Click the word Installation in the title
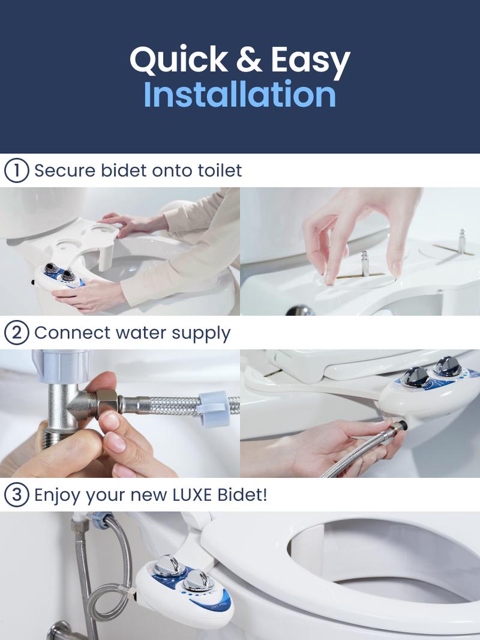[x=239, y=95]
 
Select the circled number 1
[x=16, y=171]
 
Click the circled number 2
[x=16, y=333]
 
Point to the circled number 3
[x=16, y=495]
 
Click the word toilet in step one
[x=220, y=171]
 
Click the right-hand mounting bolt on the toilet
[x=462, y=240]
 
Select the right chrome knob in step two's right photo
[x=447, y=365]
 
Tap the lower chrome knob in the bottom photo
[x=197, y=581]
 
